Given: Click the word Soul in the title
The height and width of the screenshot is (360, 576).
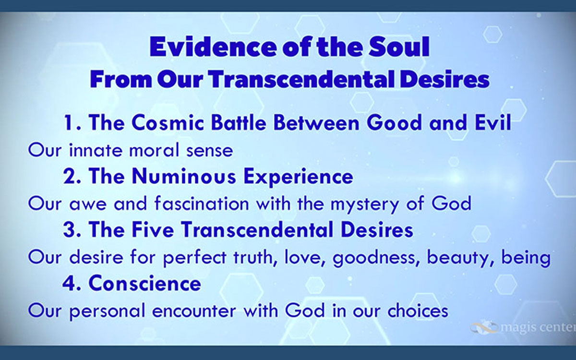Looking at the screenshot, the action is click(398, 47).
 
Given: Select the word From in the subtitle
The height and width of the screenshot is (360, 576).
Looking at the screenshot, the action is click(120, 79).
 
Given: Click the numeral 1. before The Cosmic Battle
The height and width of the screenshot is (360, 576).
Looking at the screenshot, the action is click(72, 123).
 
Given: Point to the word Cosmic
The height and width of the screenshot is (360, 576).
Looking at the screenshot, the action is click(168, 123).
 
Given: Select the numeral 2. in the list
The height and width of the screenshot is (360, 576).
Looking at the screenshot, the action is click(72, 177).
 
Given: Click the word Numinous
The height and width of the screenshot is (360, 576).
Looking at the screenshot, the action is click(184, 177).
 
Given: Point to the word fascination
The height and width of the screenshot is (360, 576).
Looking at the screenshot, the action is click(202, 204).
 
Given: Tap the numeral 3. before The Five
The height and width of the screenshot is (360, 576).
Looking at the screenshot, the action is click(72, 230).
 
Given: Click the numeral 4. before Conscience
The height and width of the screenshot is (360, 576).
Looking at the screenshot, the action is click(72, 283).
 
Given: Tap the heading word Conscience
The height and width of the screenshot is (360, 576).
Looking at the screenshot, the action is click(145, 283).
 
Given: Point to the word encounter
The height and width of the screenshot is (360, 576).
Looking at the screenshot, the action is click(194, 311).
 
